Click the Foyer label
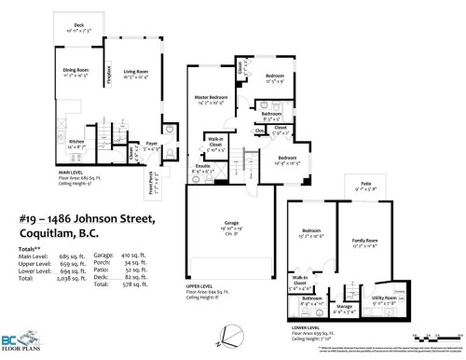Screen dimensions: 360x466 tap(150, 144)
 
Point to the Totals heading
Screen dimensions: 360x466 tap(31, 244)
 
